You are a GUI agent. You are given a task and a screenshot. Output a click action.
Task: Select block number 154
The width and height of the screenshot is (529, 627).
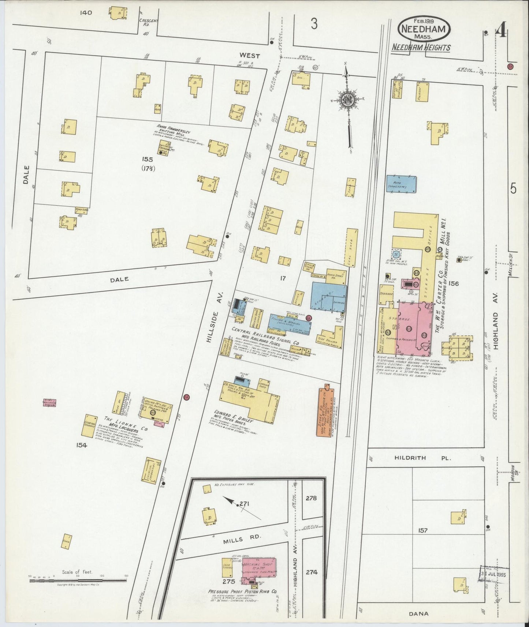[82, 445]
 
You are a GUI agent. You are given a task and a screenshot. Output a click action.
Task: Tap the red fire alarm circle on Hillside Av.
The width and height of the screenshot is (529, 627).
[186, 397]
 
